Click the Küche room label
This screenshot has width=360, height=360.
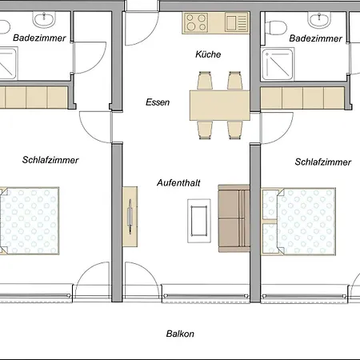click(208, 54)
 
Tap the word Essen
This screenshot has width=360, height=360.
click(158, 102)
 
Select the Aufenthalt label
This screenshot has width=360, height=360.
click(178, 183)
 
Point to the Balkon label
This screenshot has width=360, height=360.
click(180, 334)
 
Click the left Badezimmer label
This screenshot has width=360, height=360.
click(39, 38)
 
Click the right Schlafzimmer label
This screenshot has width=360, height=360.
click(322, 162)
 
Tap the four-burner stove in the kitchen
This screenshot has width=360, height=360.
click(196, 22)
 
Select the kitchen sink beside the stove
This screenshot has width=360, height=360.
click(236, 22)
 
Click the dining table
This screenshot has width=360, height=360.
click(220, 106)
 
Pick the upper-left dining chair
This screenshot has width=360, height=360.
click(205, 81)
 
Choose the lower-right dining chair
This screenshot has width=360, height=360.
click(235, 130)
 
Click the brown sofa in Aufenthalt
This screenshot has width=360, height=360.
click(234, 218)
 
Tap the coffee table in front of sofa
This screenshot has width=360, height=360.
click(199, 221)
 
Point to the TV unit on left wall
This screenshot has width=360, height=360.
click(130, 217)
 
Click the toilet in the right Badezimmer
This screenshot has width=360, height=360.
click(276, 27)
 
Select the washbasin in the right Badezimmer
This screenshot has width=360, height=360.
click(319, 19)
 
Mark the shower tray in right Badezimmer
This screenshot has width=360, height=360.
click(278, 64)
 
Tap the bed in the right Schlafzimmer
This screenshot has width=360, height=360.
click(298, 222)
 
